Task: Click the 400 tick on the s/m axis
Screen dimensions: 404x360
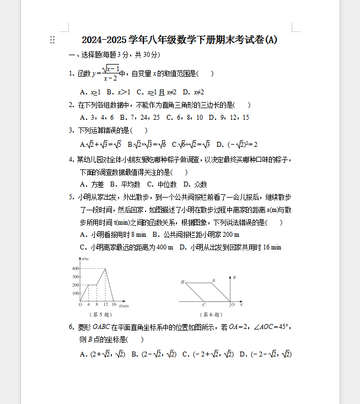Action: (x=76, y=268)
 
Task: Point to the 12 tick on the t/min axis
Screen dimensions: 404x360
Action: (x=105, y=305)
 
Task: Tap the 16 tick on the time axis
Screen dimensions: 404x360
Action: (x=114, y=305)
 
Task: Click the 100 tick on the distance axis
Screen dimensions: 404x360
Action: (x=76, y=293)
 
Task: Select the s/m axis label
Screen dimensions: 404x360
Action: (x=84, y=258)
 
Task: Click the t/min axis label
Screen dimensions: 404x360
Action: (x=124, y=305)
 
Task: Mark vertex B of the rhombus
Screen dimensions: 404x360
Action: (x=182, y=282)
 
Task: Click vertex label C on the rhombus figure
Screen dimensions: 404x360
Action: (x=203, y=305)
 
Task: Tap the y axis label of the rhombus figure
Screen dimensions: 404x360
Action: (x=235, y=276)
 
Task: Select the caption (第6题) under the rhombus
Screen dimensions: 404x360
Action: (x=208, y=315)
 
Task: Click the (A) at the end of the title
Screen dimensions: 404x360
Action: (x=271, y=40)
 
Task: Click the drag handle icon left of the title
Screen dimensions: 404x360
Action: (x=52, y=40)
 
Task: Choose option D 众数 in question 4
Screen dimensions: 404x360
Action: (x=195, y=184)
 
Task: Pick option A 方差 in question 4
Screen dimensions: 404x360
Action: (x=92, y=184)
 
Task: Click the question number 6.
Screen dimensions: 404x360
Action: (x=72, y=327)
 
